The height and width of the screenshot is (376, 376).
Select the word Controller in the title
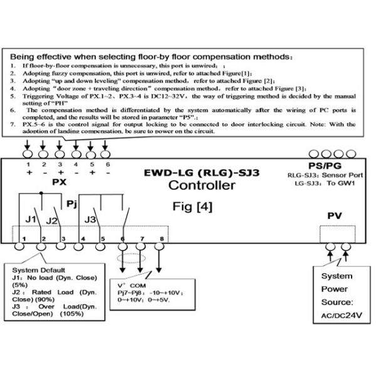(x=202, y=185)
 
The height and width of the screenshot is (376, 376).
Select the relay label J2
(x=51, y=220)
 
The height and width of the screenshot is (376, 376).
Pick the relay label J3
(x=92, y=219)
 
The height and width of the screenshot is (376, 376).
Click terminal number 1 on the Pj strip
(x=23, y=239)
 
